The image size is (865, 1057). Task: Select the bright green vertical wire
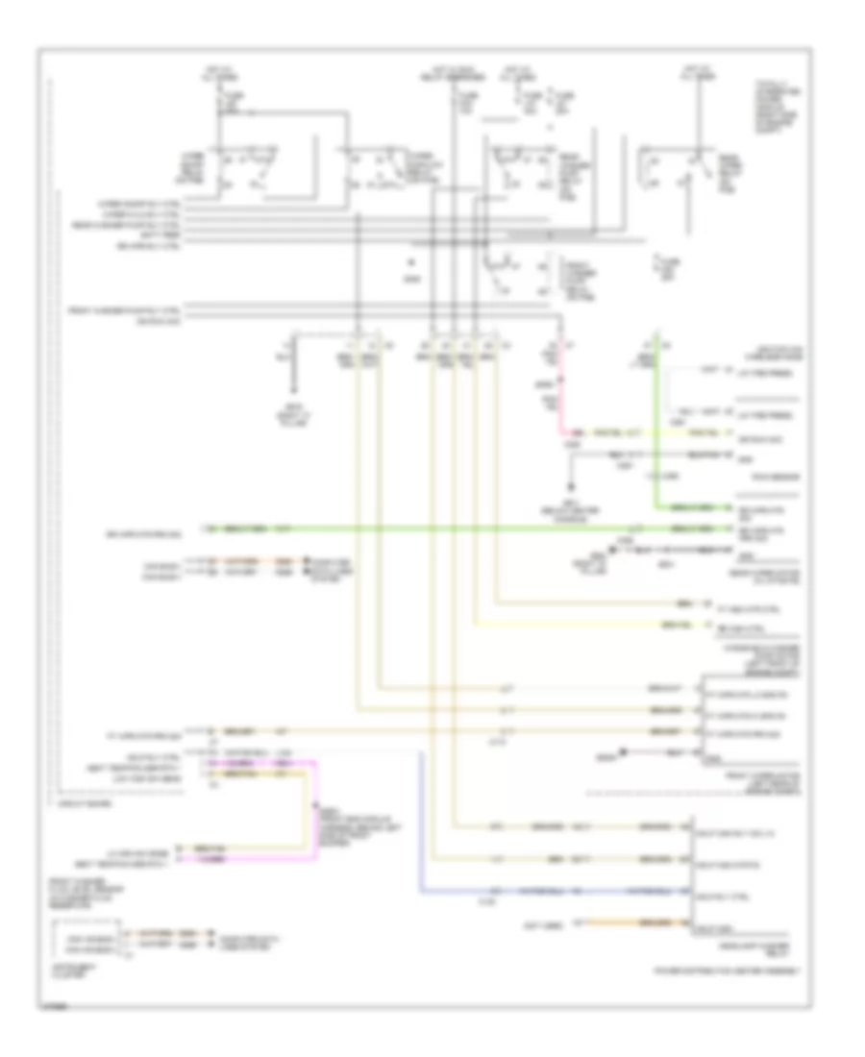click(x=656, y=423)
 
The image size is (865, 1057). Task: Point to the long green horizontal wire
click(x=432, y=528)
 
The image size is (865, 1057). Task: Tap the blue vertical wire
click(x=421, y=817)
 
